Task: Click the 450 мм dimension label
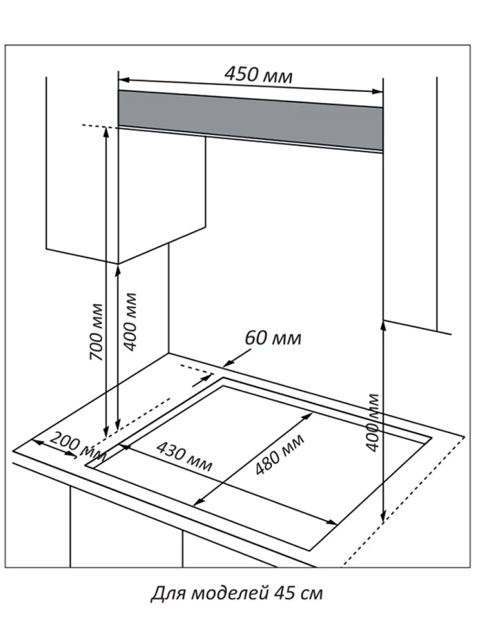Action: coord(258,74)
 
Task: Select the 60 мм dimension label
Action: coord(273,337)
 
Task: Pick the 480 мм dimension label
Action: coord(279,454)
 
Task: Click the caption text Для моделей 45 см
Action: coord(236,593)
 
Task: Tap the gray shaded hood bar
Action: coord(250,119)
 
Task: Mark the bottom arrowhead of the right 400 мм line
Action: coord(383,517)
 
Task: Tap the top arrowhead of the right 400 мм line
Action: coord(383,324)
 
